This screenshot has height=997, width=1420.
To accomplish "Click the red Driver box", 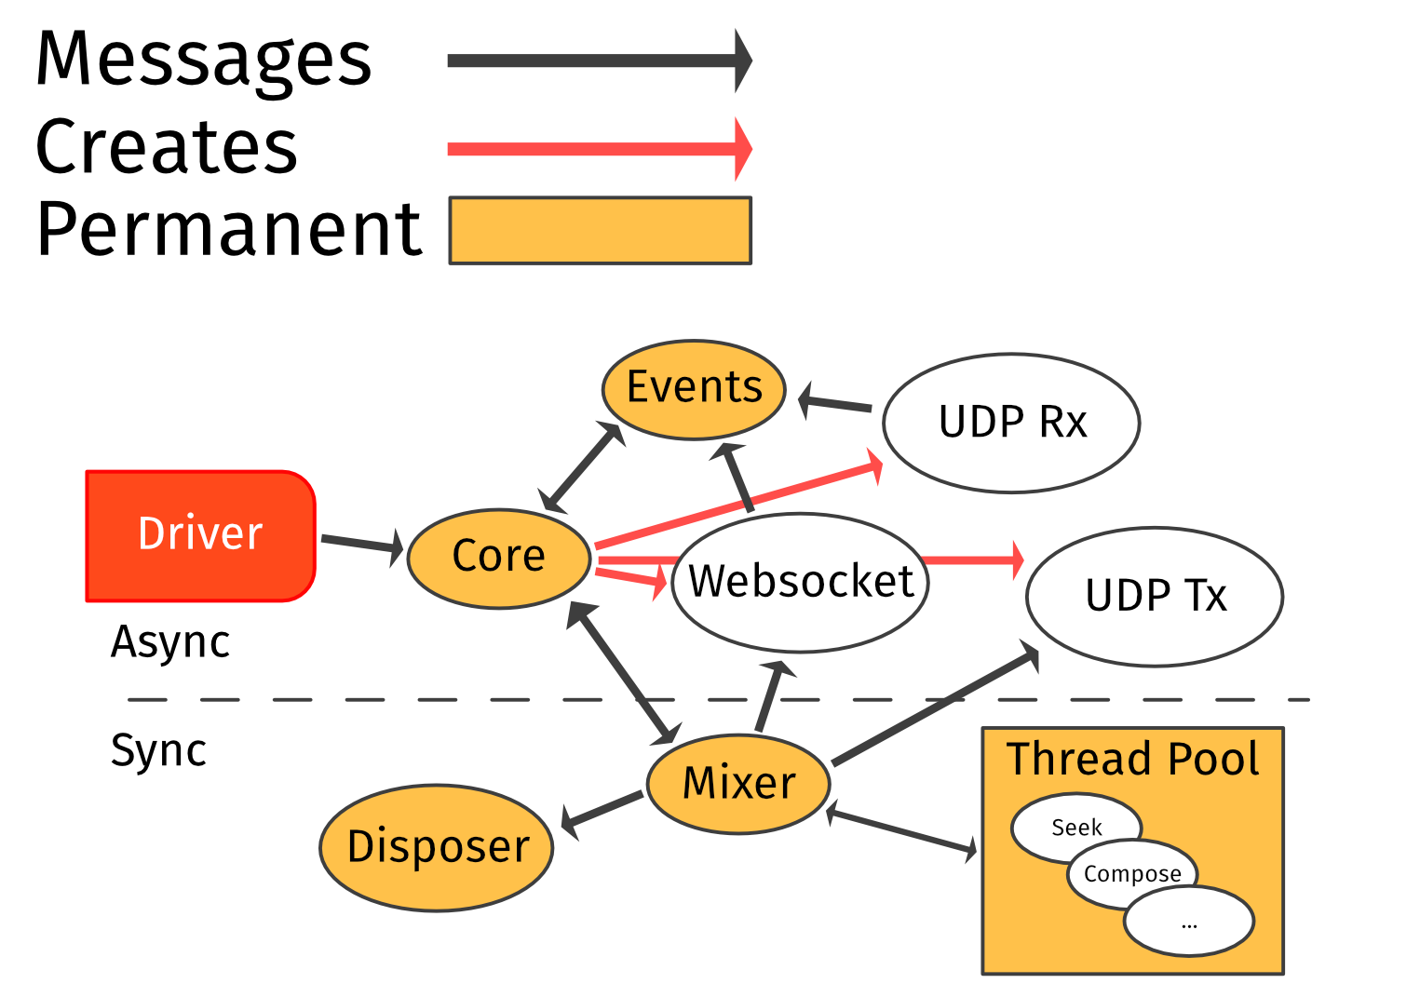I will pyautogui.click(x=200, y=535).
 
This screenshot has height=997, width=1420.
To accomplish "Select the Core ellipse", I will pyautogui.click(x=499, y=558).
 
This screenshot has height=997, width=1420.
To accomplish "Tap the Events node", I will pyautogui.click(x=694, y=388).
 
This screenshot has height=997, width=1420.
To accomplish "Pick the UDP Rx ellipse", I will pyautogui.click(x=1011, y=423).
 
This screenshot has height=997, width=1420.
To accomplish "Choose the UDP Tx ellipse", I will pyautogui.click(x=1155, y=597).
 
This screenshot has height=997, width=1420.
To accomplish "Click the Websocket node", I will pyautogui.click(x=800, y=583).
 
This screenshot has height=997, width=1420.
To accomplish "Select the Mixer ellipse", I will pyautogui.click(x=738, y=783).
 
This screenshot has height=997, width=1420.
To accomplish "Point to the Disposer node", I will pyautogui.click(x=437, y=847).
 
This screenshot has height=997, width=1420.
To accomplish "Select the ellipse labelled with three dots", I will pyautogui.click(x=1189, y=923).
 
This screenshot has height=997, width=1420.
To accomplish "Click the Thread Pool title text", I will pyautogui.click(x=1132, y=759).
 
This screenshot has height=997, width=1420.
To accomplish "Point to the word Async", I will pyautogui.click(x=170, y=642).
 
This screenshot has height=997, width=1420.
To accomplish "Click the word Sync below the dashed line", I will pyautogui.click(x=158, y=750).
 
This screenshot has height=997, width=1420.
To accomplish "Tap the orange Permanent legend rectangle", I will pyautogui.click(x=601, y=231).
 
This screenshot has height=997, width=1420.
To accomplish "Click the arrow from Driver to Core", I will pyautogui.click(x=361, y=544).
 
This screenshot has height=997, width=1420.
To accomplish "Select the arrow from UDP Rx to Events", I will pyautogui.click(x=836, y=404).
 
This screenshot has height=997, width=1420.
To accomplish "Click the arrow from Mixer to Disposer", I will pyautogui.click(x=602, y=809).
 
